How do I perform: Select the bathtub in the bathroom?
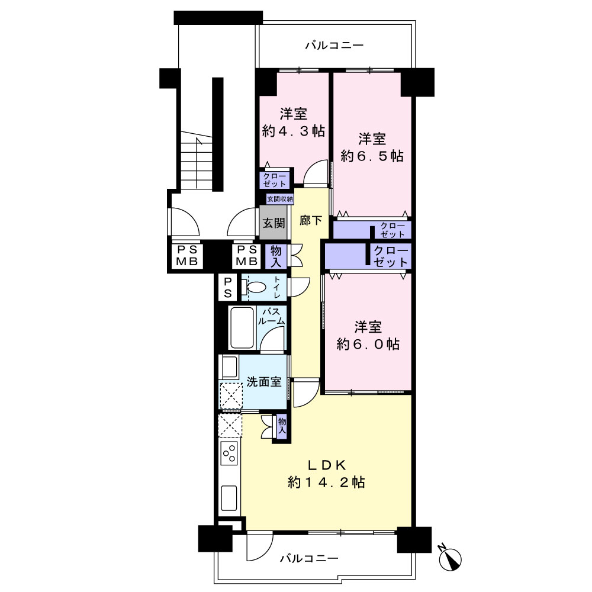(x=242, y=327)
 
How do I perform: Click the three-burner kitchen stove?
(x=229, y=452)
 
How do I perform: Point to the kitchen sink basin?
(x=229, y=498)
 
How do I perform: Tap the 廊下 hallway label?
(x=311, y=220)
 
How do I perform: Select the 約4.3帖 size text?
(x=294, y=131)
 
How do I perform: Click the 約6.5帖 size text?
(x=372, y=156)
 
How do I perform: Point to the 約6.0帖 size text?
(x=368, y=344)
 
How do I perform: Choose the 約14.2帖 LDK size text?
(x=326, y=482)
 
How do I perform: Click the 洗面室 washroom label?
(x=264, y=382)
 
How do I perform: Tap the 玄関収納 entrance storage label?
(x=280, y=199)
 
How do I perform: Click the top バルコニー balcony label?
(x=334, y=46)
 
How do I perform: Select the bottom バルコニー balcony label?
(x=309, y=558)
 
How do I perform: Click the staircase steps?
(x=197, y=161)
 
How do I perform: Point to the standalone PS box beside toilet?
(x=228, y=287)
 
